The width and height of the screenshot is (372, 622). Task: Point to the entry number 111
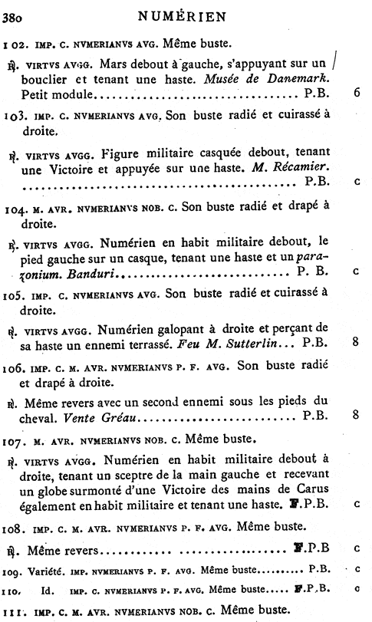(x=13, y=610)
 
